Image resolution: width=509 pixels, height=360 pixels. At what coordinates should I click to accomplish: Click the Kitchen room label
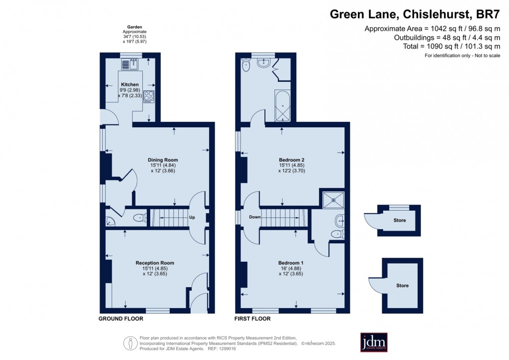[x=130, y=84]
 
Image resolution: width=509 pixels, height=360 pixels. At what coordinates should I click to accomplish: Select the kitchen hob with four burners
[x=149, y=95]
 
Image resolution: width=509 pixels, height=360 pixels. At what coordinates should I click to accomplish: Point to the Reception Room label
[x=155, y=263]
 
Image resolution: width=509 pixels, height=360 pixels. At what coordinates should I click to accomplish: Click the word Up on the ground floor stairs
[x=192, y=218]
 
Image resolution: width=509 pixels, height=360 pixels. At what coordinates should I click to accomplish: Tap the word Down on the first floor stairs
[x=254, y=217]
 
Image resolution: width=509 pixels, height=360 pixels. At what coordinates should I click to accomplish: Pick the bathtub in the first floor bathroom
[x=282, y=106]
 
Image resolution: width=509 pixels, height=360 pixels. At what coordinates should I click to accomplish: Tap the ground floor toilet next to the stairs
[x=139, y=218]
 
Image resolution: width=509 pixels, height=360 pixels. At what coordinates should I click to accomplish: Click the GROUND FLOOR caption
[x=121, y=319]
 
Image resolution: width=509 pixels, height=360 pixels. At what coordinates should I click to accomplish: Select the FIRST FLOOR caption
[x=253, y=319]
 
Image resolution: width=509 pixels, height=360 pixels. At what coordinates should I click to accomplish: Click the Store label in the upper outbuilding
[x=399, y=220]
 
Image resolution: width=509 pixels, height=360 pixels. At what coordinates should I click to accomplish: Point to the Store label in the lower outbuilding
[x=402, y=286]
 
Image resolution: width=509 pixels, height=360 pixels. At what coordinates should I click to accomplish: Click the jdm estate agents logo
[x=374, y=342]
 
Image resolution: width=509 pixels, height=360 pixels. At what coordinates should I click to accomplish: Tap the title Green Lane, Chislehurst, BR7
[x=415, y=14]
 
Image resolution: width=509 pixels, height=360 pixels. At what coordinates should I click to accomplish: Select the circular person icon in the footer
[x=130, y=343]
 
